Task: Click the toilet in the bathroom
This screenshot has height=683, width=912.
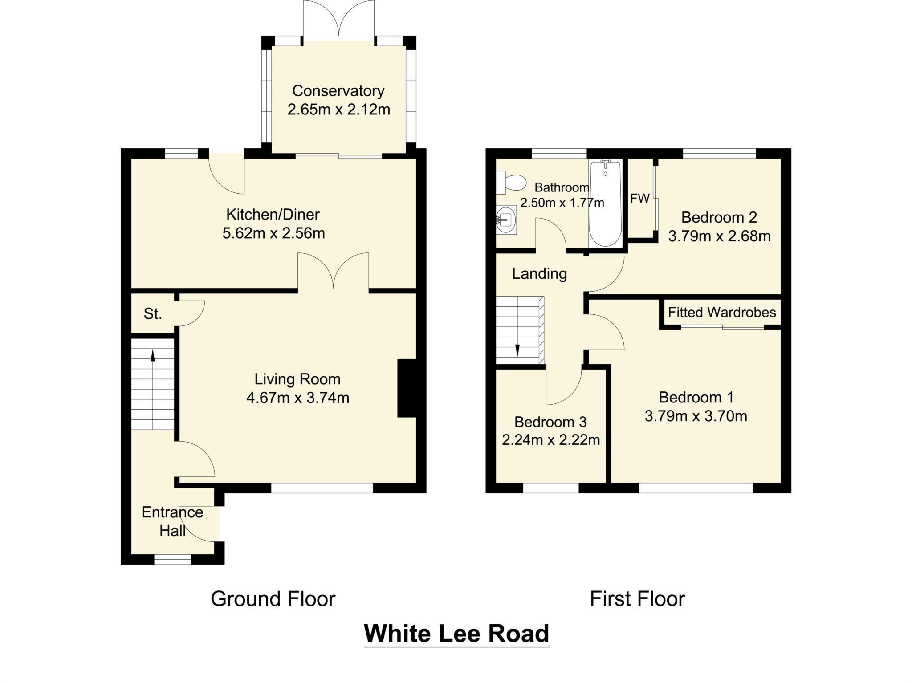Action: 512,183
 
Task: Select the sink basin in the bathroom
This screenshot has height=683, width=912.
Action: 506,220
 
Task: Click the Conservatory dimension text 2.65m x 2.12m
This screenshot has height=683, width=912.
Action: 338,110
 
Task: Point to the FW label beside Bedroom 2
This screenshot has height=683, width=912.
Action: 639,199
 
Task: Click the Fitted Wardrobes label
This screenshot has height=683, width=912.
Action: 721,313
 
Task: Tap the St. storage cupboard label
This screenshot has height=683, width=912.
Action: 152,314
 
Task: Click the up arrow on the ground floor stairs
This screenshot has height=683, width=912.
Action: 153,356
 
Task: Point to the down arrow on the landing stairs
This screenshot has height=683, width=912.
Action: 517,350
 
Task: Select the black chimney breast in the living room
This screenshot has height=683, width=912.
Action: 406,388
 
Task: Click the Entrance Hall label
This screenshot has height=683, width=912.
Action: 172,521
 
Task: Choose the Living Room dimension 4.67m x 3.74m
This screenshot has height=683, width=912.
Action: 297,398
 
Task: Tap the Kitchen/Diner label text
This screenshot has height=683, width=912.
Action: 273,215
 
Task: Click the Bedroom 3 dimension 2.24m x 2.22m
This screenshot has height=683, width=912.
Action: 550,440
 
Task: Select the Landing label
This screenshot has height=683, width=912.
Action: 539,273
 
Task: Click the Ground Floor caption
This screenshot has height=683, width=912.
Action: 273,599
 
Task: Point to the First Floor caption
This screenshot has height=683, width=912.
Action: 637,599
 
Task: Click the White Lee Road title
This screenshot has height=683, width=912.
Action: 456,634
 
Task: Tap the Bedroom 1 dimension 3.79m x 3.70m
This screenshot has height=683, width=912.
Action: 696,416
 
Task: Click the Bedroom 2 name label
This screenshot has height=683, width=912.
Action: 719,217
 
